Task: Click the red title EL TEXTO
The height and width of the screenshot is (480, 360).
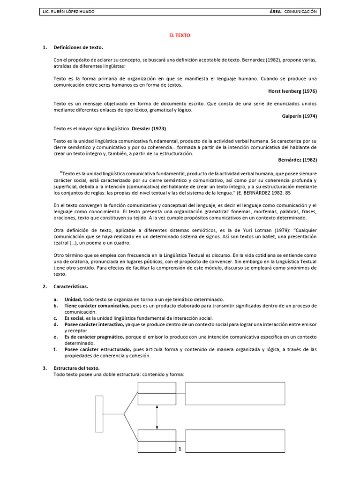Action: click(x=180, y=36)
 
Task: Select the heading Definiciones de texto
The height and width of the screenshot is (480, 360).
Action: click(x=78, y=47)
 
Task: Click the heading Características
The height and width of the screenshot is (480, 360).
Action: click(x=71, y=286)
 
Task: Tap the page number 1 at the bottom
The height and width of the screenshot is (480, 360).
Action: click(x=180, y=449)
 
